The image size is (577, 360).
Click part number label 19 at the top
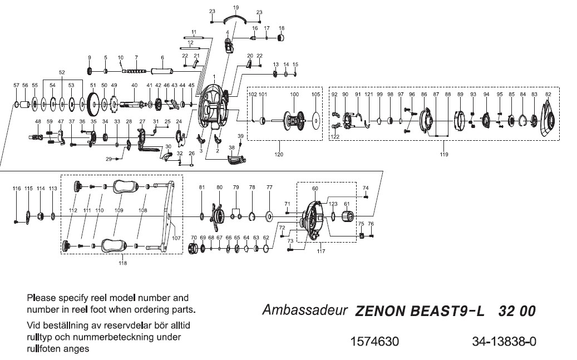coord(236,7)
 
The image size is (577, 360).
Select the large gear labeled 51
coord(93,103)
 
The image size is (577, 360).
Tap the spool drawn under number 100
coord(294,119)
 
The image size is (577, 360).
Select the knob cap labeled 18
coord(281,38)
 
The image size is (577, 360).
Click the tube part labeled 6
coord(162,71)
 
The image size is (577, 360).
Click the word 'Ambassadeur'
coord(305,310)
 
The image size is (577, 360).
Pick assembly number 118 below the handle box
coord(122,263)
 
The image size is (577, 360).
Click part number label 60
coord(315,189)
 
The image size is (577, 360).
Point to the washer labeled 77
coord(269,215)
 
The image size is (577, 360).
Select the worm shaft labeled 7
coord(136,71)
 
